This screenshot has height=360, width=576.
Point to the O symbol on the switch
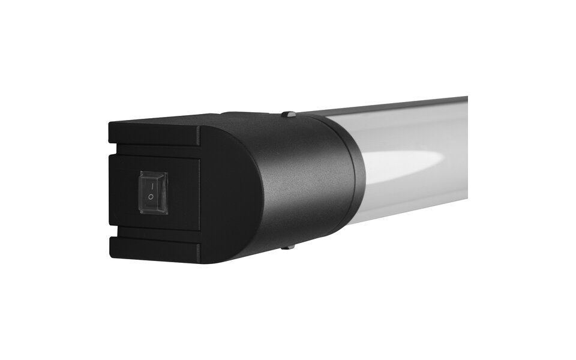(x=151, y=198)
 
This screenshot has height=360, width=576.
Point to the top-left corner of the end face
(x=111, y=125)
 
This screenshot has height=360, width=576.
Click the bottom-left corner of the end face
(x=112, y=253)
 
